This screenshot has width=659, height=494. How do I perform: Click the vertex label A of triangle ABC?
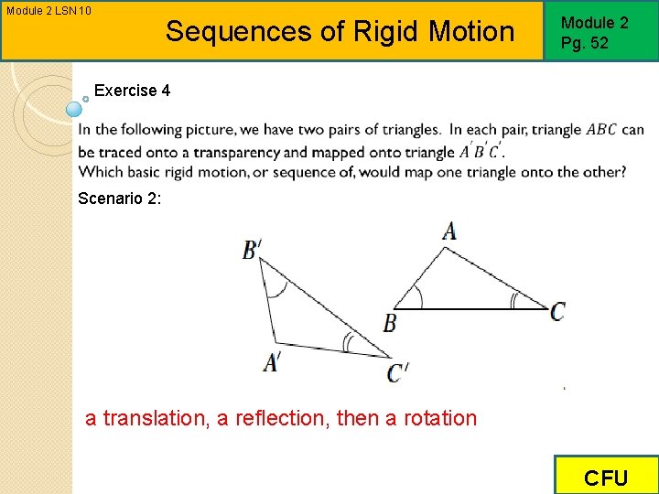click(x=448, y=230)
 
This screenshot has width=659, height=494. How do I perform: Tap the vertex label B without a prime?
click(x=390, y=323)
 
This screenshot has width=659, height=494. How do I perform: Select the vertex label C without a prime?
click(x=557, y=312)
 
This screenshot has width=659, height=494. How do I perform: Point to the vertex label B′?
click(x=252, y=249)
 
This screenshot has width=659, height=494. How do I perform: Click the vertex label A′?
click(x=272, y=363)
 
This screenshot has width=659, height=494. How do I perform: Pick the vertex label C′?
click(x=398, y=372)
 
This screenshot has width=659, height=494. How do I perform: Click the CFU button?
click(x=606, y=478)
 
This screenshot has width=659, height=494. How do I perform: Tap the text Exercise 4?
click(x=132, y=91)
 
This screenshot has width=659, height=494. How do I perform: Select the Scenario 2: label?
click(x=120, y=199)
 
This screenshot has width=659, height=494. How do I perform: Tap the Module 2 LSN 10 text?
click(x=49, y=11)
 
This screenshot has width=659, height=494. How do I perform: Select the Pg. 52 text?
click(x=585, y=42)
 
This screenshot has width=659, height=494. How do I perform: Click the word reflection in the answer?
click(x=283, y=419)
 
